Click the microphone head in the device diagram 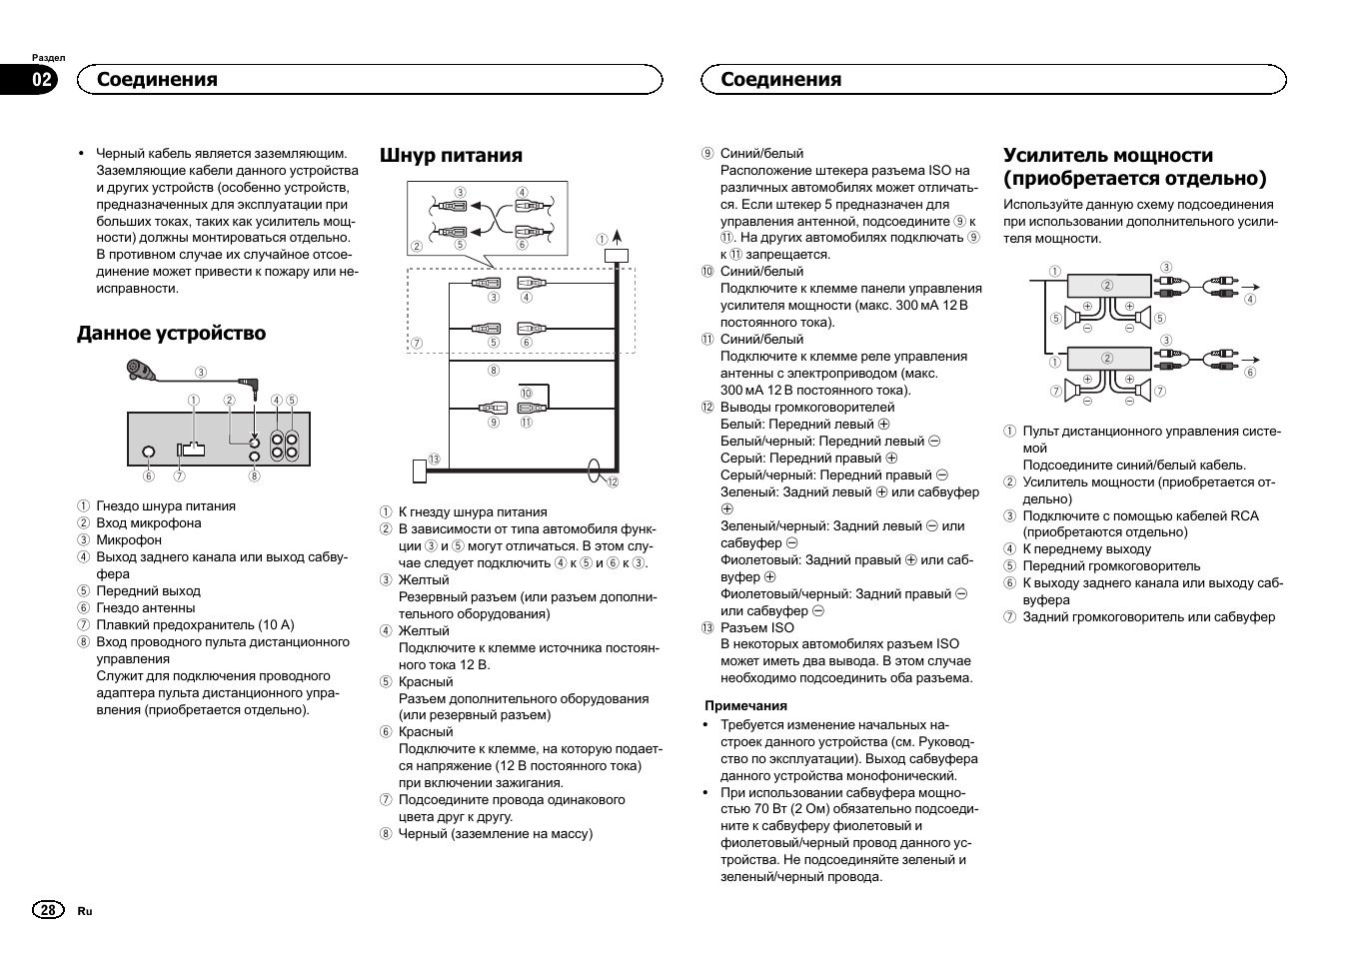click(x=139, y=372)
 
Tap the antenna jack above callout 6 click(x=149, y=452)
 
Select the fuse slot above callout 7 click(x=190, y=450)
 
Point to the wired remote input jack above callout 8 click(x=255, y=457)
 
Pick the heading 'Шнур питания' click(x=451, y=155)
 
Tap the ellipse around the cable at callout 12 click(x=595, y=471)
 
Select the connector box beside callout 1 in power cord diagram click(x=617, y=256)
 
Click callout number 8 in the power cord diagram click(x=494, y=371)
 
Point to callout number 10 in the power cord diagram click(x=526, y=393)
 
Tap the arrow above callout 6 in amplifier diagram click(x=1253, y=360)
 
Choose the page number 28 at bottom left click(x=47, y=910)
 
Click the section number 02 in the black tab click(x=43, y=80)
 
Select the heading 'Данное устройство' click(x=171, y=334)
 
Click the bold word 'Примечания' click(x=745, y=705)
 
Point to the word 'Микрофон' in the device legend click(x=129, y=540)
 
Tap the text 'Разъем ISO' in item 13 click(x=756, y=627)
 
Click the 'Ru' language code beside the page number click(x=85, y=911)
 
